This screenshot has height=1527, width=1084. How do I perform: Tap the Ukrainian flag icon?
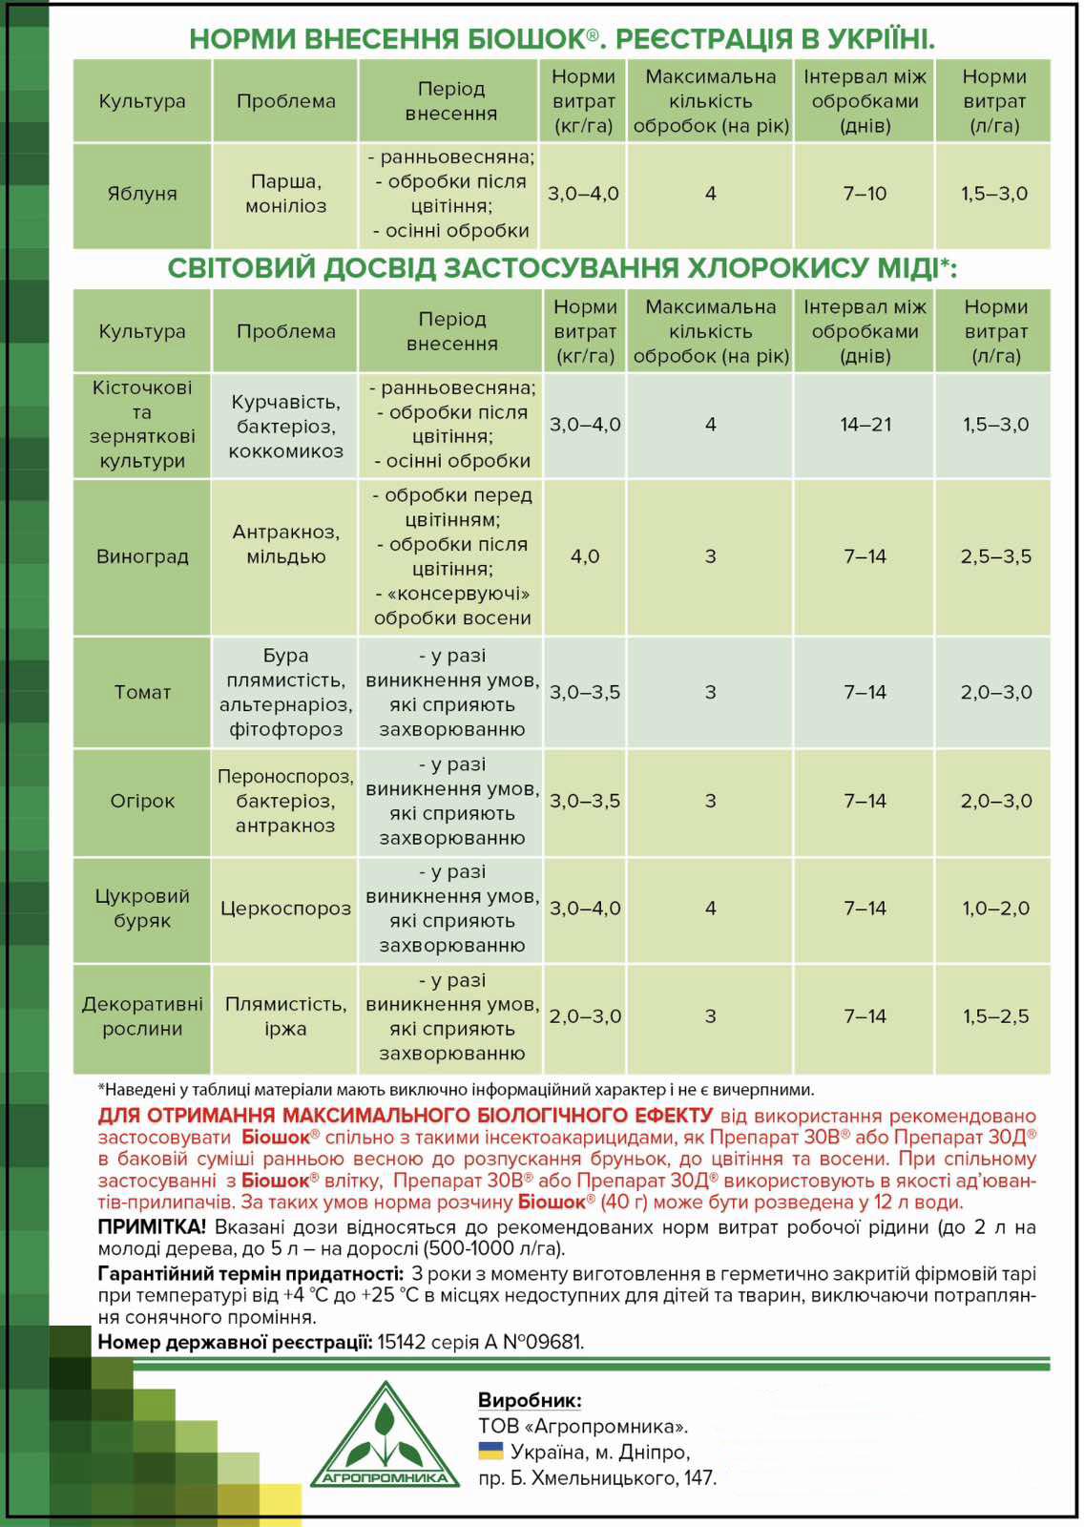click(x=490, y=1452)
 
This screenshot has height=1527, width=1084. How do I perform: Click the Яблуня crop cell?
click(x=142, y=194)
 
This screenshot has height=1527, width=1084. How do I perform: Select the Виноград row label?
click(x=142, y=556)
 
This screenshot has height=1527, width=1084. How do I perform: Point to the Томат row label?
click(x=142, y=692)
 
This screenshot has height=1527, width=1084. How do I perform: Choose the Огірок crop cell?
click(x=142, y=801)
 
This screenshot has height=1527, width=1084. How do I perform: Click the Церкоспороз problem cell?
click(x=285, y=909)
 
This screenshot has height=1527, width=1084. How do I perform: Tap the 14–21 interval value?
click(x=865, y=425)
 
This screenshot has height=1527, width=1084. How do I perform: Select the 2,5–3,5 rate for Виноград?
click(x=995, y=556)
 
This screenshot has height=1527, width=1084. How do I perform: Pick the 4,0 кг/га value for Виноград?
click(x=584, y=556)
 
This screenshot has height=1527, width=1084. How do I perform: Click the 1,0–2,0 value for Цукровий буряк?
click(x=995, y=909)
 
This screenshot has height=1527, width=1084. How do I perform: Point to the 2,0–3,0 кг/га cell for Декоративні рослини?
click(x=584, y=1016)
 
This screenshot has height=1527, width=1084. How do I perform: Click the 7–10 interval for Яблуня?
click(x=865, y=194)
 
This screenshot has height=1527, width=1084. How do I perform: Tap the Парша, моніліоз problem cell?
click(x=285, y=194)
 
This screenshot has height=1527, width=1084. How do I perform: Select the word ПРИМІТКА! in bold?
click(x=152, y=1226)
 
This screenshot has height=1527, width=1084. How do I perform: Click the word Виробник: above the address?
click(x=530, y=1400)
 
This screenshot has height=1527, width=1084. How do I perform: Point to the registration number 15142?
click(x=401, y=1342)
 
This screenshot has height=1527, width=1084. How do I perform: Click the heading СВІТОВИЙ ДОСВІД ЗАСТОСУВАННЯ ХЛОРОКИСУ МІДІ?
click(x=561, y=268)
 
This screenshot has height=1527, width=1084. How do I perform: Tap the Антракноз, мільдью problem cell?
click(x=285, y=544)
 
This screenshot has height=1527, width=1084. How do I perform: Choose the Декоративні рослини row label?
click(x=142, y=1016)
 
